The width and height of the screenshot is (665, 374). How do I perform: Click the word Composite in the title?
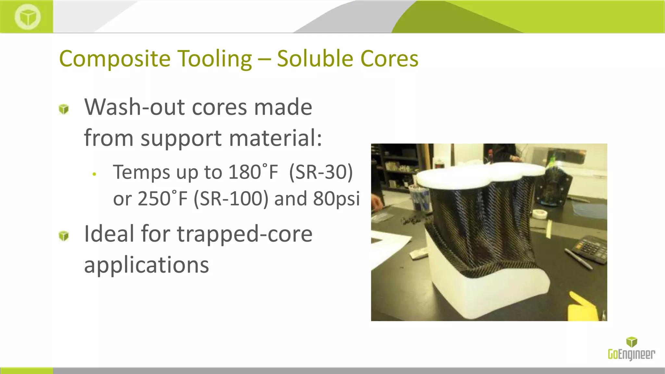coord(115,59)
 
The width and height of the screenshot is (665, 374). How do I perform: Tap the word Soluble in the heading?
coord(315,59)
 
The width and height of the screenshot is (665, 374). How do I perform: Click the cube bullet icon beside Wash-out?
coord(64,109)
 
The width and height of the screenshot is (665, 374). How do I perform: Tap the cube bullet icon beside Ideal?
coord(64,236)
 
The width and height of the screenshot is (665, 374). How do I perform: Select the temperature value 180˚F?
coord(253,172)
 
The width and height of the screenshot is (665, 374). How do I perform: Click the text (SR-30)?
coord(321,172)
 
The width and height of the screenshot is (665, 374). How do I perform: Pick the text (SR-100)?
coord(231,199)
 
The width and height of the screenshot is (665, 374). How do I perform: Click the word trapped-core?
coord(245,234)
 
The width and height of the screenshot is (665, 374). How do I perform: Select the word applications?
coord(146,265)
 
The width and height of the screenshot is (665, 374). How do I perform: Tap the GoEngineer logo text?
coord(631,354)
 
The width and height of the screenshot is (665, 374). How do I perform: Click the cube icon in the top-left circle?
coord(28,17)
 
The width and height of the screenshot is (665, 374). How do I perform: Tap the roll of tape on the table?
coord(539,214)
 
